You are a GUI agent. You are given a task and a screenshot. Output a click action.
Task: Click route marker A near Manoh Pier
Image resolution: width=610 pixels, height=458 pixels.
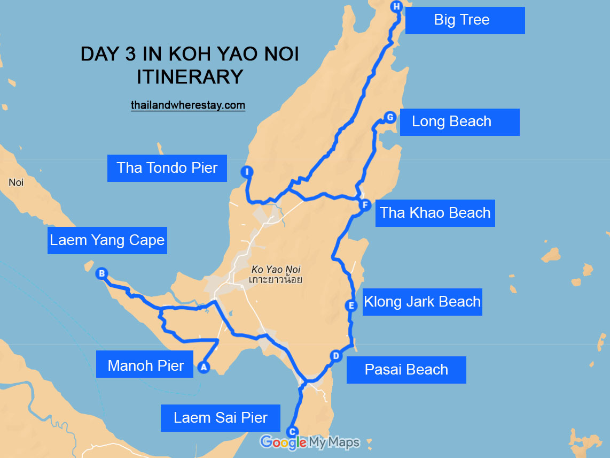202,367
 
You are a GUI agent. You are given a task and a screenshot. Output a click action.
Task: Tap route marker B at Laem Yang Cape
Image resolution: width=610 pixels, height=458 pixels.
101,274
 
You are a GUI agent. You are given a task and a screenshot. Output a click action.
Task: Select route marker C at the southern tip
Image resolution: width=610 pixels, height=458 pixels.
292,431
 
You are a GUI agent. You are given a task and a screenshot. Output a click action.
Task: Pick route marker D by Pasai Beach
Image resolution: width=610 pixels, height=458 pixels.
335,356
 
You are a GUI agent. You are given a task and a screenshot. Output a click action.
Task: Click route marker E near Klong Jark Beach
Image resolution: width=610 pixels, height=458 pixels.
351,306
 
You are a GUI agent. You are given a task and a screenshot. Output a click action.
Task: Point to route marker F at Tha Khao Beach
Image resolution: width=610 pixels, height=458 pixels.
365,205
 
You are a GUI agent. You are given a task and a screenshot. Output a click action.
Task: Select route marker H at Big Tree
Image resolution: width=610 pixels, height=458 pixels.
396,7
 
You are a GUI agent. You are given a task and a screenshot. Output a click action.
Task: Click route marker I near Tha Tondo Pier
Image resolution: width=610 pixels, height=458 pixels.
247,172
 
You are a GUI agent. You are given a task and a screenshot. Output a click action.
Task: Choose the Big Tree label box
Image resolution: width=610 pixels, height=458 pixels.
465,20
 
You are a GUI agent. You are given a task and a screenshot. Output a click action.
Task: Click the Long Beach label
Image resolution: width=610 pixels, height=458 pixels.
459,122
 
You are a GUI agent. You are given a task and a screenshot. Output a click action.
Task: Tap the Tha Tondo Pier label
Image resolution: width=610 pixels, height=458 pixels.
167,168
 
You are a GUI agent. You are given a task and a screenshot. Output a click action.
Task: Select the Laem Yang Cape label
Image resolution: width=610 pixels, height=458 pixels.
107,240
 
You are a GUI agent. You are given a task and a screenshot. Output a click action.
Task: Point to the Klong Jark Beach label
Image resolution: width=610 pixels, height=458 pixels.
422,302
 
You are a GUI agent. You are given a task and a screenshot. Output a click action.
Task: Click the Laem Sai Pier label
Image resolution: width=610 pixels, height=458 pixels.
221,417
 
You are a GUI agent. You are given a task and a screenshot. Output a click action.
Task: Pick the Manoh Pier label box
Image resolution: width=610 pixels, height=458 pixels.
145,366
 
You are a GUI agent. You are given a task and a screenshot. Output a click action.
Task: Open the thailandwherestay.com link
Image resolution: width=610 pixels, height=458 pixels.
188,105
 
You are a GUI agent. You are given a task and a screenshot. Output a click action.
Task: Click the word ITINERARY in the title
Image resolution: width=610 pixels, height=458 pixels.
190,77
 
